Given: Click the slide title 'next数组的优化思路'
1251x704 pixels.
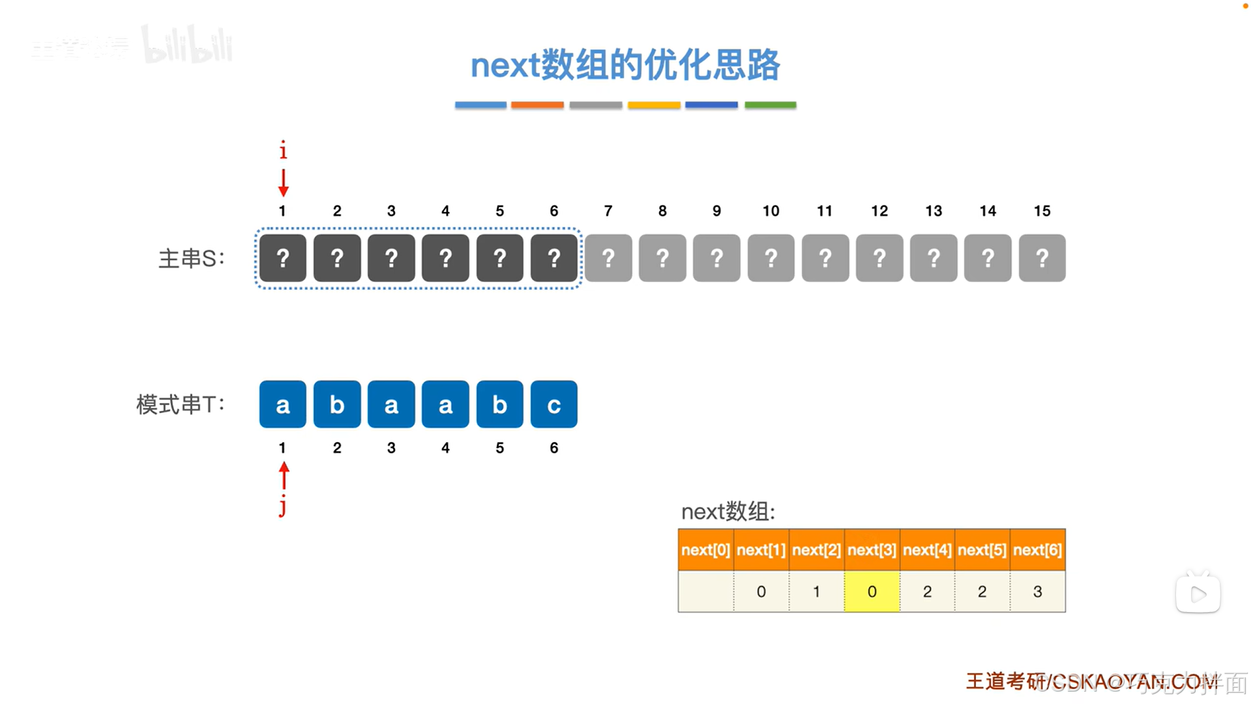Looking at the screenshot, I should pos(625,65).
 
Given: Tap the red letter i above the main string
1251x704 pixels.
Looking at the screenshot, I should pos(283,150).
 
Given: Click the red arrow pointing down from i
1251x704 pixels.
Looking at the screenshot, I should pos(283,183).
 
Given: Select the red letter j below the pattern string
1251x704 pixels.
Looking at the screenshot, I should pos(283,506).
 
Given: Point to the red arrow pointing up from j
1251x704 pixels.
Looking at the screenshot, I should pos(284,476).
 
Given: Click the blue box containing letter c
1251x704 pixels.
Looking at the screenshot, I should pos(553,405).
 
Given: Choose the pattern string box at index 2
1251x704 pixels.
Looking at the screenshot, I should pos(337,405).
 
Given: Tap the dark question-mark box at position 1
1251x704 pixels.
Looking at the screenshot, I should pos(283,258).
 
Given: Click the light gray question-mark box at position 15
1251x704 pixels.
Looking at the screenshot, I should pos(1042,258).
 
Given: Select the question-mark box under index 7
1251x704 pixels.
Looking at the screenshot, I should pos(608,258).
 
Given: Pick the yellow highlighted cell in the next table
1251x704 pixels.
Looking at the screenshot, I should pos(872,592).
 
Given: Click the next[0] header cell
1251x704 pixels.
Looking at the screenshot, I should pos(705,550).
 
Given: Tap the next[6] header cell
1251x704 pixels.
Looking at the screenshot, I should pos(1037,550).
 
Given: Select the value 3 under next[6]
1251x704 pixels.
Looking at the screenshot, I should pos(1037,592).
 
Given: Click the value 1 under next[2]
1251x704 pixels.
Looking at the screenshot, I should pos(816,592).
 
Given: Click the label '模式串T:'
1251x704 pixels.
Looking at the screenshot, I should pos(181,405).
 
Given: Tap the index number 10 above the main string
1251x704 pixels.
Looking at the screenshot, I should pos(771,211).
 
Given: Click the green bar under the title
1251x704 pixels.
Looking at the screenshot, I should pos(770,105).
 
